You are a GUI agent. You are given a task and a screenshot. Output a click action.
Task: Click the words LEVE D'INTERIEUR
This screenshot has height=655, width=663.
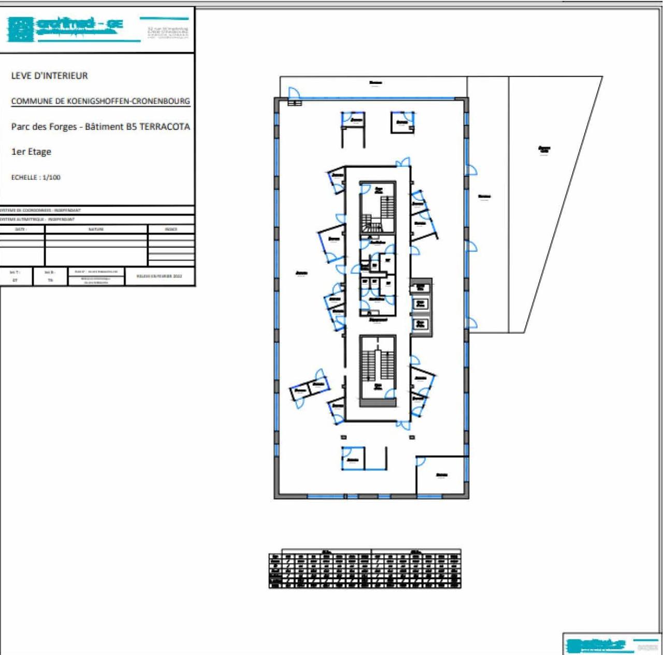(x=50, y=76)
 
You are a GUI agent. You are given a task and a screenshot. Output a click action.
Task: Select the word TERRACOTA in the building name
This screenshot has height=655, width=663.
(x=165, y=126)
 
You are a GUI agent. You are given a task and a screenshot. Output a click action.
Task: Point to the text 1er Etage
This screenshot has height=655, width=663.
(x=31, y=152)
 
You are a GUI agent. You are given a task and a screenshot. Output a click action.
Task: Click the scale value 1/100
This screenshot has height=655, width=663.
(x=51, y=177)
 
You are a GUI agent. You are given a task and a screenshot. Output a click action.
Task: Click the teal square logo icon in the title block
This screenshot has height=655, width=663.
(x=20, y=29)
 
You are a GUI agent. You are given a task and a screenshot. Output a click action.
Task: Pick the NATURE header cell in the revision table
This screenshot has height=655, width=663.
(x=96, y=229)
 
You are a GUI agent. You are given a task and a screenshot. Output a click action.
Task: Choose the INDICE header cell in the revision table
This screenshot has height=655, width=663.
(x=171, y=229)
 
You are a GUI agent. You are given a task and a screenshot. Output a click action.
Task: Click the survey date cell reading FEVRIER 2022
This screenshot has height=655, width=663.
(x=160, y=276)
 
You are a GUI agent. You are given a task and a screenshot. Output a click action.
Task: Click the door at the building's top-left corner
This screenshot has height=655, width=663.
(x=294, y=93)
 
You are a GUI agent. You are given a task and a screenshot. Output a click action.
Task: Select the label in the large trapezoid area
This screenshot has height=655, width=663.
(x=544, y=149)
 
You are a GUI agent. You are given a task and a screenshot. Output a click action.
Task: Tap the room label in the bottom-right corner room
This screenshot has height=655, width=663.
(x=442, y=475)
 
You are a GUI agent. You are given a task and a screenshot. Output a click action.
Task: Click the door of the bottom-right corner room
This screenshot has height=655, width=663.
(x=421, y=461)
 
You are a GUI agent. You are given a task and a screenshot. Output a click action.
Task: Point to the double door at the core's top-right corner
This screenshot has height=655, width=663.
(x=403, y=163)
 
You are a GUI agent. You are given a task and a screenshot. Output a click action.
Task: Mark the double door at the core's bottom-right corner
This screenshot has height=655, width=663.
(x=403, y=425)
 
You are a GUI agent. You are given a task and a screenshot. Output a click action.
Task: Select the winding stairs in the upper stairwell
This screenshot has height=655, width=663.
(x=371, y=224)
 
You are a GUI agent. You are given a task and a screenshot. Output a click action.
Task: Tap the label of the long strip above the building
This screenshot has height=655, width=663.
(x=376, y=83)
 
